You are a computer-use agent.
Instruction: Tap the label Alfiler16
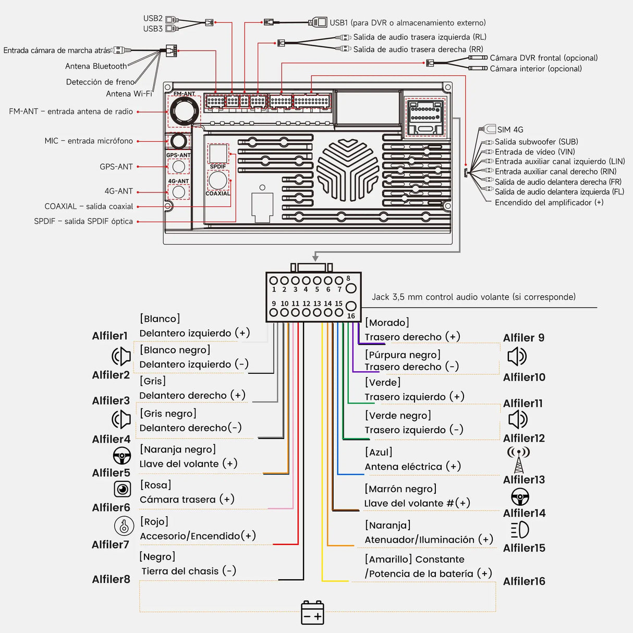(x=524, y=581)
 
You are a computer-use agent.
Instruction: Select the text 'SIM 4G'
(x=510, y=130)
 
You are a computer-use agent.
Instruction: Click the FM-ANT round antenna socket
(x=184, y=111)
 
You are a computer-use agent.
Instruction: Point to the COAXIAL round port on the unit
(x=218, y=180)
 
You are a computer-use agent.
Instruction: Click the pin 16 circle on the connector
(x=351, y=306)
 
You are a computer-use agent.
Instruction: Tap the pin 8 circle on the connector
(x=351, y=288)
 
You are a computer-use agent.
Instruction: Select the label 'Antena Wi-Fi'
(x=129, y=94)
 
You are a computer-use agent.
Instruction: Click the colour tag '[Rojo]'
(x=154, y=521)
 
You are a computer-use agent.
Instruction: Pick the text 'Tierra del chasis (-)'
(x=189, y=571)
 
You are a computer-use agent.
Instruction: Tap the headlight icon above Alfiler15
(x=520, y=530)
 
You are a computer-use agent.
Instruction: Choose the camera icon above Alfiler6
(x=123, y=489)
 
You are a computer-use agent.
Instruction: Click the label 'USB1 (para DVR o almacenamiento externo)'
(x=407, y=23)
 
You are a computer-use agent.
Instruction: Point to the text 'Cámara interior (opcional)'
(x=535, y=69)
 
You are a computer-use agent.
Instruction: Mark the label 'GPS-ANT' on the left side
(x=116, y=167)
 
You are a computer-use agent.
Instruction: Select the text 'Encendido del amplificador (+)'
(x=549, y=203)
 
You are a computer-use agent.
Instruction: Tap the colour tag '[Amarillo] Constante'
(x=415, y=559)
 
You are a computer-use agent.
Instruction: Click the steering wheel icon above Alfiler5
(x=122, y=456)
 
